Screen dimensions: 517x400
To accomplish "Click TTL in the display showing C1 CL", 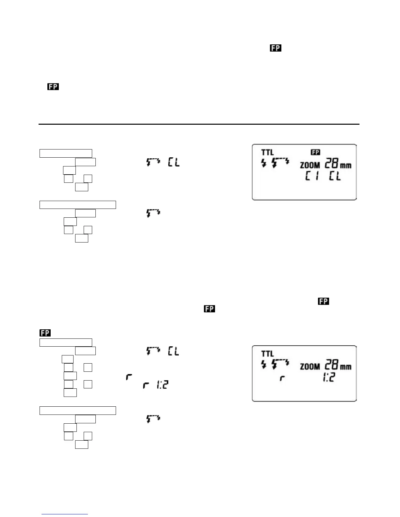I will [267, 152].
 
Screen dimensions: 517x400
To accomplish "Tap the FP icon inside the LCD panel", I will [315, 152].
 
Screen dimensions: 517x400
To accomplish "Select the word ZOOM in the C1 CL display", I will [310, 165].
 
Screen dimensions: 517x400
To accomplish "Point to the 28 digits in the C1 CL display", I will [331, 164].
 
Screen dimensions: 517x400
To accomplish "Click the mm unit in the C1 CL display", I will [346, 165].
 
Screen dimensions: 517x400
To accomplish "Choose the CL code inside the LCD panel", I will [335, 177].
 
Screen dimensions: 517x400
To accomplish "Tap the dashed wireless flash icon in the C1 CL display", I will [281, 163].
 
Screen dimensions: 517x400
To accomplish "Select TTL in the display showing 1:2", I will [267, 354].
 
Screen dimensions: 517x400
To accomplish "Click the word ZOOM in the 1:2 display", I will [310, 367].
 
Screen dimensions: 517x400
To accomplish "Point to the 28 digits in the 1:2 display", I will [331, 365].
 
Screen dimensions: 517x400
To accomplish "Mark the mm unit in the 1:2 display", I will [346, 367].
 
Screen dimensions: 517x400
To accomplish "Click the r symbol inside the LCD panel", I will [281, 379].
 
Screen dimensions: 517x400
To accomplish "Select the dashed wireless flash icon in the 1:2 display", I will [281, 364].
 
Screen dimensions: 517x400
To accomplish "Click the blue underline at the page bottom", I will [65, 514].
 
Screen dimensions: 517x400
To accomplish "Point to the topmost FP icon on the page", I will [275, 48].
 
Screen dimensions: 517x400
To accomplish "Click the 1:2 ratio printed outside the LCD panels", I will [162, 385].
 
